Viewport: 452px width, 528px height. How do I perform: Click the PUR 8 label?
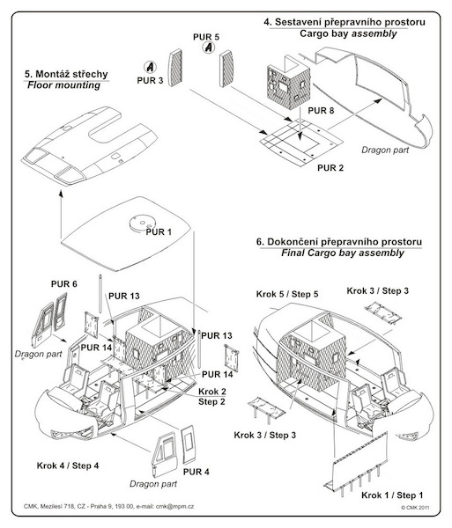(321, 111)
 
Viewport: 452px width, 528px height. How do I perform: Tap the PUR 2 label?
(330, 168)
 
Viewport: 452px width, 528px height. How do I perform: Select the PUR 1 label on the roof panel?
(159, 232)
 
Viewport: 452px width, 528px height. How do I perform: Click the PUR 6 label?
(64, 284)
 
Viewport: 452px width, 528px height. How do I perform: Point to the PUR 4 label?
(196, 472)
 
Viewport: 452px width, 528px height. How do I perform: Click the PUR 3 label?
(150, 80)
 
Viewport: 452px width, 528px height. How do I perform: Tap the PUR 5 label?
(206, 37)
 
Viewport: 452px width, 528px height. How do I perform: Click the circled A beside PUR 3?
(150, 67)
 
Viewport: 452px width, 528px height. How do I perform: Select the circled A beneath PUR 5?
(209, 48)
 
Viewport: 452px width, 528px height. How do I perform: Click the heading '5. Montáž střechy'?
(66, 74)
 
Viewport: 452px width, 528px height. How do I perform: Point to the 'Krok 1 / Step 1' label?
(392, 495)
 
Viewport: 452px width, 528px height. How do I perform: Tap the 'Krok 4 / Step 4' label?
(68, 466)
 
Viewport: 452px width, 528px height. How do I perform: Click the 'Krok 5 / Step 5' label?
(287, 294)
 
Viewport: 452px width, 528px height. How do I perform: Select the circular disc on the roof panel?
(142, 223)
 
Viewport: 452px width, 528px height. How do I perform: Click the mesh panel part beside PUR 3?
(175, 68)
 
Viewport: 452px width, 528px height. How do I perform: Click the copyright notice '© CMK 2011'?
(415, 508)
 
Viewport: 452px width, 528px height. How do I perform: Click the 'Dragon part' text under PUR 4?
(153, 484)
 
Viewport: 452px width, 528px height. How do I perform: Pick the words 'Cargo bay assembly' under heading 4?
(348, 33)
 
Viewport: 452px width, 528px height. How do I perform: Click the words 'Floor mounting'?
(63, 85)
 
